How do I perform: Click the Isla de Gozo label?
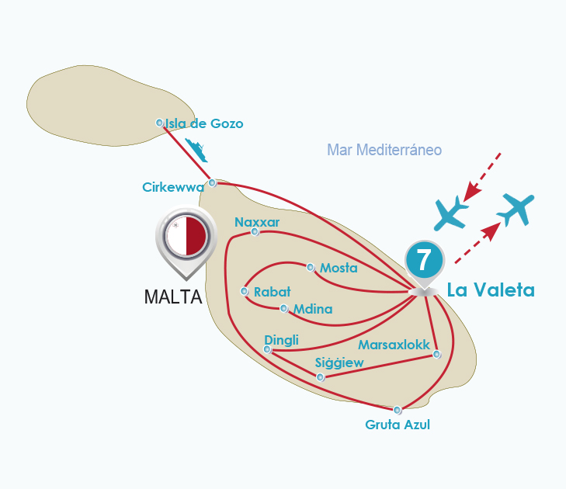[204, 123]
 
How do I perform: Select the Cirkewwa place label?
[172, 187]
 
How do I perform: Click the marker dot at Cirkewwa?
[212, 183]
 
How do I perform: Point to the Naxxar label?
[257, 222]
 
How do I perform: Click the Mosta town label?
[339, 269]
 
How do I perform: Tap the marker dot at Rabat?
[245, 292]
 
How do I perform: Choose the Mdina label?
[313, 309]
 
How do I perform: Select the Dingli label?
[281, 339]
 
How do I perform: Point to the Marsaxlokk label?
[394, 344]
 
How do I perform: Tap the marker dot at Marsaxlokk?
[436, 355]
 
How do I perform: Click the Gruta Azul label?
[397, 425]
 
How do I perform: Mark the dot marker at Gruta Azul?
[398, 410]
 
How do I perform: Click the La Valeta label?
[491, 290]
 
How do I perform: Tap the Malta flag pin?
[186, 238]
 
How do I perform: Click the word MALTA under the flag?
[173, 297]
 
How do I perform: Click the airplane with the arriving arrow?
[451, 212]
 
